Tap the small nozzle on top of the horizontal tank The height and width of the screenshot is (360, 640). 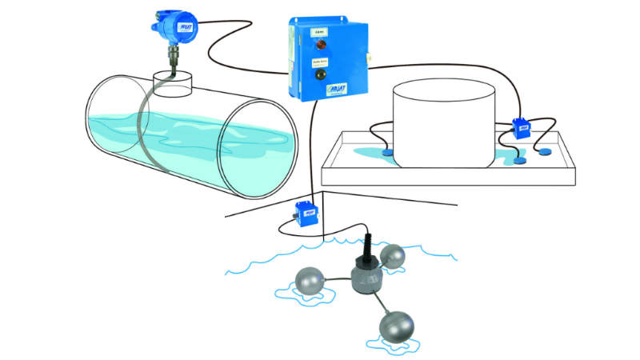click(x=175, y=82)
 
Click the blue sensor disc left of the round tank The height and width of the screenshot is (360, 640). click(x=387, y=150)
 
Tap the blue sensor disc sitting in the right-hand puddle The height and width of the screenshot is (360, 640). click(x=521, y=158)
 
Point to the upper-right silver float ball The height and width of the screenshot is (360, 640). click(x=392, y=257)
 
